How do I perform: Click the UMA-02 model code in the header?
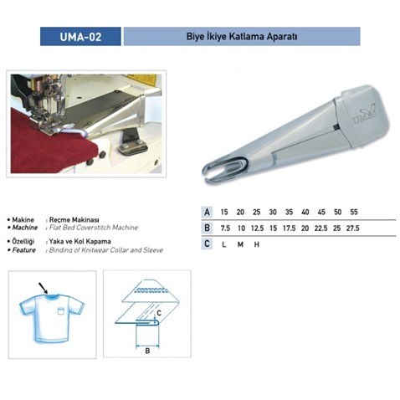coord(80,37)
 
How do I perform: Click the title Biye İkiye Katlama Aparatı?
coord(242,37)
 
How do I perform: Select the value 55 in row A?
coord(354,212)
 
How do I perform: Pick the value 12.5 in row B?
coord(257,228)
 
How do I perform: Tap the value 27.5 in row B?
coord(352,228)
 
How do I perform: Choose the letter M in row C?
coord(240,244)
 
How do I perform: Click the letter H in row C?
coord(257,244)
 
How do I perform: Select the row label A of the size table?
coord(207,212)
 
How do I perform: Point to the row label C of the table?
coord(207,244)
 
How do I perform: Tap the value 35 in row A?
coord(289,212)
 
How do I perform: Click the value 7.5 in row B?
coord(225,228)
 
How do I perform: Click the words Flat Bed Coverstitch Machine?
coord(94,228)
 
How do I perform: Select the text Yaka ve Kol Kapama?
coord(80,241)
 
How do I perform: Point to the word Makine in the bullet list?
coord(23,220)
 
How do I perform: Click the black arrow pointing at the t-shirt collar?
coord(43,288)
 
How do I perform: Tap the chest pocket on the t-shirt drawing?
coord(61,310)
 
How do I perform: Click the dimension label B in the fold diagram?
coord(147,351)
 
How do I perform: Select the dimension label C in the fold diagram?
coord(159,313)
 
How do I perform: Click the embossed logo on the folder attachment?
coord(365,114)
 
